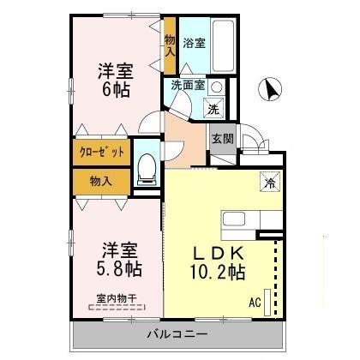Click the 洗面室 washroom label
[x=186, y=85]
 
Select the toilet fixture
[x=147, y=168]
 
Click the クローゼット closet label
[x=102, y=152]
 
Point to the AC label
[x=255, y=302]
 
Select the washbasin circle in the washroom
[x=217, y=86]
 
